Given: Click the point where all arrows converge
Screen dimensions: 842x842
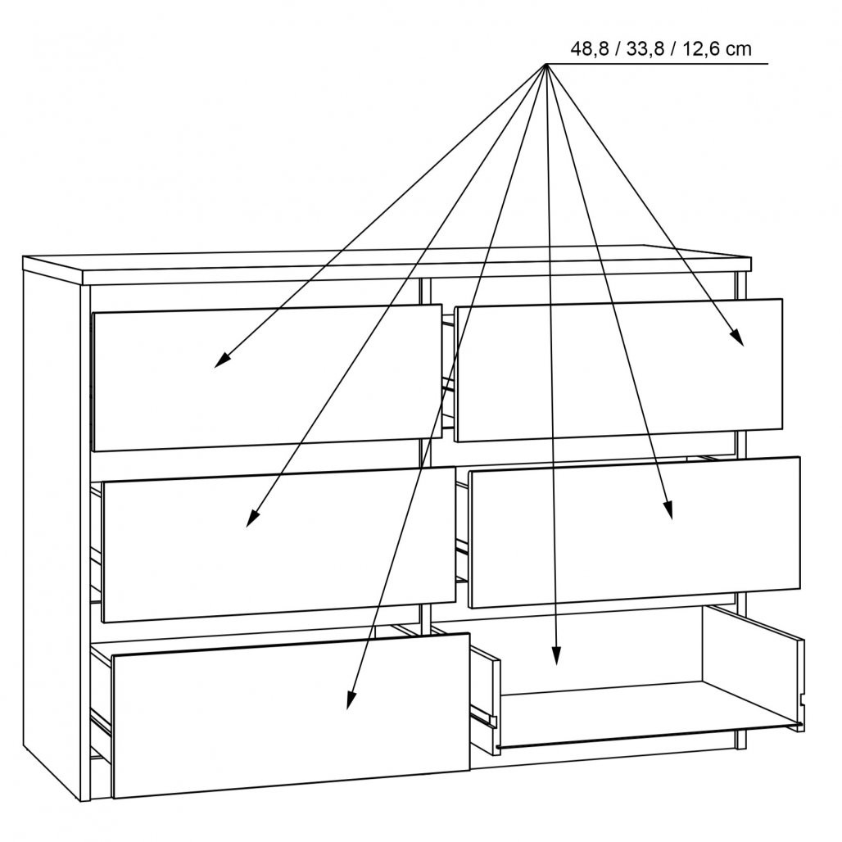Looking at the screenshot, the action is pos(545,64).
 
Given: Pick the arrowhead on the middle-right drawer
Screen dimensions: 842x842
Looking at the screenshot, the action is pos(668,509).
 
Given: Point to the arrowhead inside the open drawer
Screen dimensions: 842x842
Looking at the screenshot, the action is pos(556,655).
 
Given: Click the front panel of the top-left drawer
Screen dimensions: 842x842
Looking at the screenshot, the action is pos(267,378).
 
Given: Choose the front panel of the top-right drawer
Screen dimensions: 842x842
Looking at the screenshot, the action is pos(618,370).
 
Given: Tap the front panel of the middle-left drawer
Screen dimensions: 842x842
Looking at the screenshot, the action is pos(278,545).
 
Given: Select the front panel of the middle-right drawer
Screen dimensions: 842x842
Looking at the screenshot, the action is pos(634,532).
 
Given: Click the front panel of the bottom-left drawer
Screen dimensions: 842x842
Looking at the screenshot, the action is pos(292,715).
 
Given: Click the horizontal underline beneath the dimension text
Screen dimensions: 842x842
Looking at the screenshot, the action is pos(657,64).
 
